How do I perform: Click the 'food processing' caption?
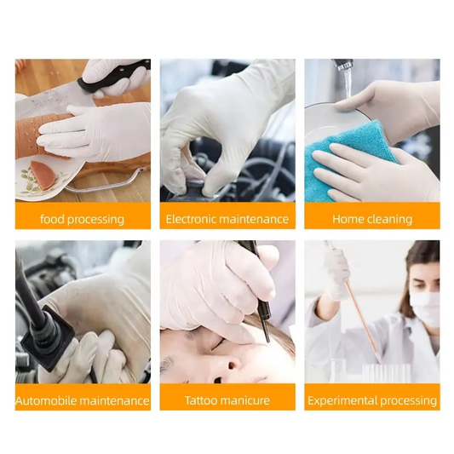pyautogui.click(x=83, y=219)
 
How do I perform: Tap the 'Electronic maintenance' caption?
pyautogui.click(x=227, y=219)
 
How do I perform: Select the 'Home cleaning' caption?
pyautogui.click(x=372, y=219)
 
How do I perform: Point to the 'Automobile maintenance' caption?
pyautogui.click(x=83, y=400)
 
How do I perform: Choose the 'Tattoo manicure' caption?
pyautogui.click(x=227, y=400)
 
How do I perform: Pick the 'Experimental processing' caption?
pyautogui.click(x=372, y=400)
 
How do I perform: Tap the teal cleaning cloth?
pyautogui.click(x=352, y=162)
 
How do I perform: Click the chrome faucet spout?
pyautogui.click(x=343, y=64)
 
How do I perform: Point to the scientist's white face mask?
pyautogui.click(x=426, y=309)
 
